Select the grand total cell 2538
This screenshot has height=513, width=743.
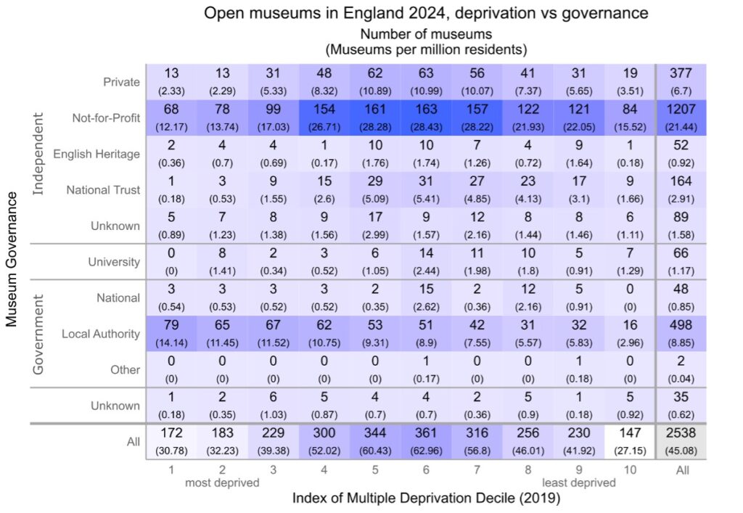682,441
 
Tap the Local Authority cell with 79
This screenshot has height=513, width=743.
171,333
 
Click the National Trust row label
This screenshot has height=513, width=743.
103,190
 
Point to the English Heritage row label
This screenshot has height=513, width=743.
97,154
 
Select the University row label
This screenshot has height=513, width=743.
114,262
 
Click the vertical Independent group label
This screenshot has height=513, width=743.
40,154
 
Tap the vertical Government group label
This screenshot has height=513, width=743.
40,334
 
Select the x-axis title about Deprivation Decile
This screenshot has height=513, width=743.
426,498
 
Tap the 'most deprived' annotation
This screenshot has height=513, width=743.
221,483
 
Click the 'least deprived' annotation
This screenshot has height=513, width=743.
578,483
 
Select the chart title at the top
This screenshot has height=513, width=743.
425,13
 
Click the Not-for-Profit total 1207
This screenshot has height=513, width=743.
682,117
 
